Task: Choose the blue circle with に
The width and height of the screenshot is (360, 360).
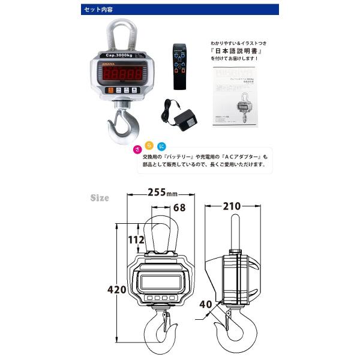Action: (162, 146)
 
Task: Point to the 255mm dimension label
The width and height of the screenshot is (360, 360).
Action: (163, 194)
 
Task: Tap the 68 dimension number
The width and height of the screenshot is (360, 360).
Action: (178, 208)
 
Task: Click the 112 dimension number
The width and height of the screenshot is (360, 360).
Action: (137, 241)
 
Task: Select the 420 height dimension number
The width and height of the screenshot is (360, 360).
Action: (119, 290)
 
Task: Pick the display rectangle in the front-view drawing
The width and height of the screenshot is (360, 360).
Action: (161, 281)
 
